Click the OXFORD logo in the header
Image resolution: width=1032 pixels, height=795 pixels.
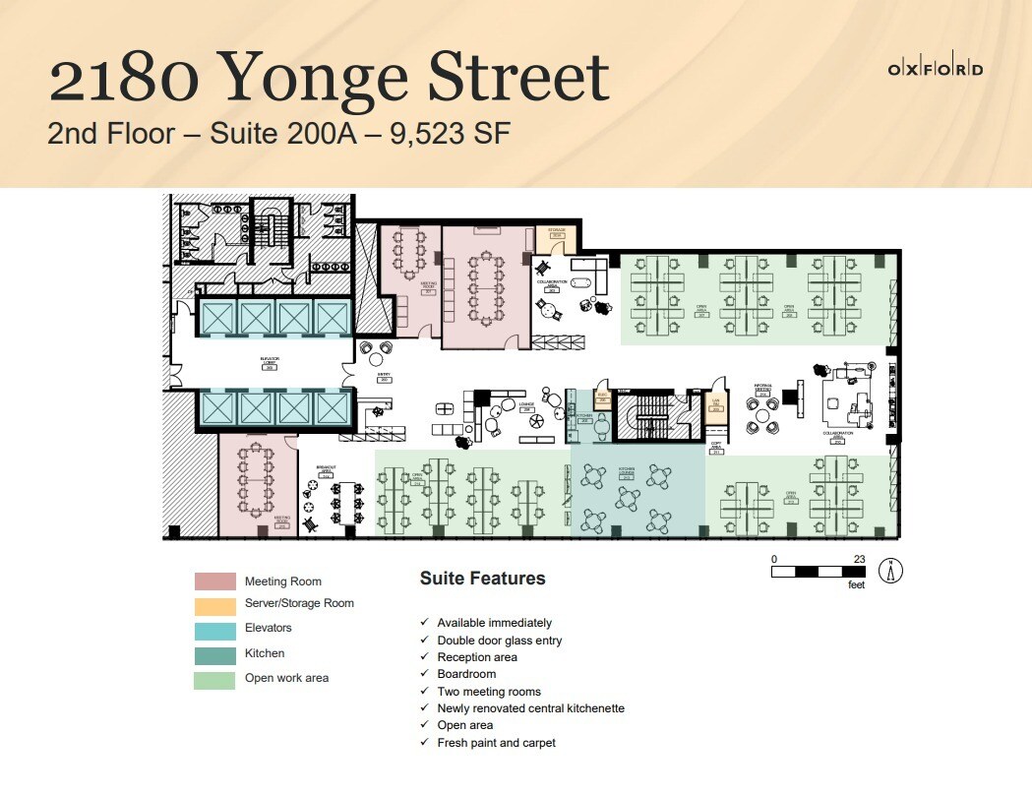(935, 69)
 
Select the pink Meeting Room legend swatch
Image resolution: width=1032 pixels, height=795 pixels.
(214, 581)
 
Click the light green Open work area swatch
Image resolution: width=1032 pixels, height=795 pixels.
(214, 680)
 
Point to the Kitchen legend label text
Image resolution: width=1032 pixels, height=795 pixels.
(265, 653)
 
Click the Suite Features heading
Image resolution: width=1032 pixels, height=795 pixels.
(482, 579)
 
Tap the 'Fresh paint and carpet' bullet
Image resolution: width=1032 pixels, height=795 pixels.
(496, 743)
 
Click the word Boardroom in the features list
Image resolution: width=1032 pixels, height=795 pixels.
(466, 674)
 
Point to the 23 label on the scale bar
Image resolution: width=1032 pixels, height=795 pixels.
(859, 559)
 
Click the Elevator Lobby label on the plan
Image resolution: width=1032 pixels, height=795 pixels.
(271, 362)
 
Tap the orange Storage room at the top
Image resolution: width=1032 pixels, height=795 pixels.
(557, 236)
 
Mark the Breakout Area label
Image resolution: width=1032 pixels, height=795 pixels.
(327, 469)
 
